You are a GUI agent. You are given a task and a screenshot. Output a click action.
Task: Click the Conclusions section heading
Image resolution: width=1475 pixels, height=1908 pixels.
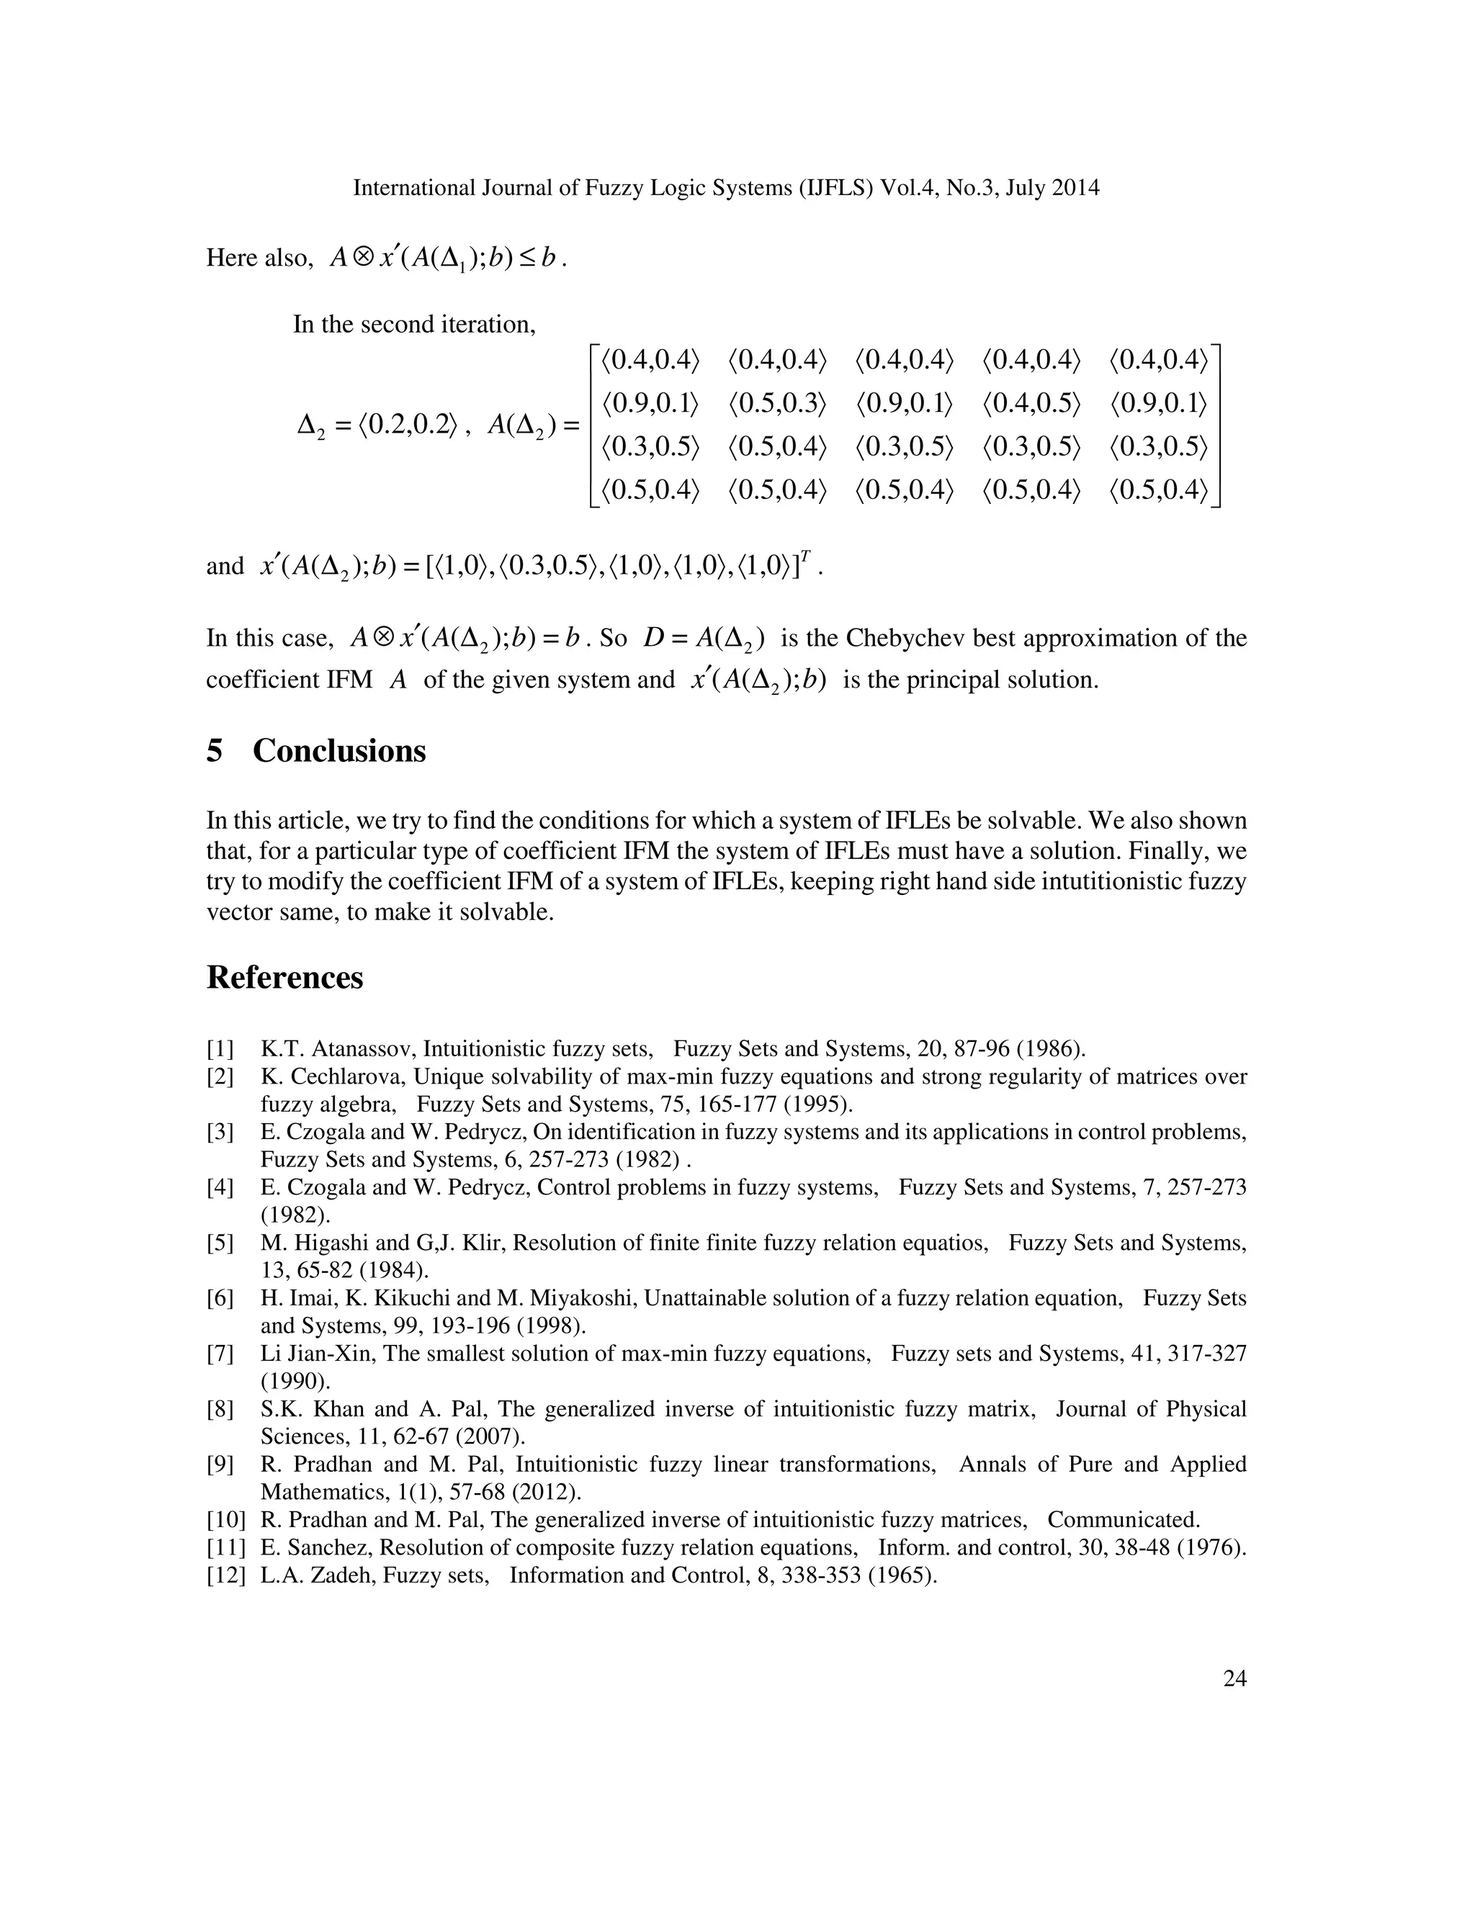click(339, 751)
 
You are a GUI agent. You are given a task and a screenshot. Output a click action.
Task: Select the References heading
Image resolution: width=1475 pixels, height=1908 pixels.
click(285, 978)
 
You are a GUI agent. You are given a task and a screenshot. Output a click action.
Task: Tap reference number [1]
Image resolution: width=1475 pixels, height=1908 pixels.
click(220, 1049)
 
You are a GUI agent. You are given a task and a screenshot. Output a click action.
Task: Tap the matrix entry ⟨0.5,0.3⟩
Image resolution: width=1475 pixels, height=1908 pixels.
click(777, 404)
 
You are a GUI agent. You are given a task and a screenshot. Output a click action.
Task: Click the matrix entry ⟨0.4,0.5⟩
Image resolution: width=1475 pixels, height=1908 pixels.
click(1031, 404)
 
